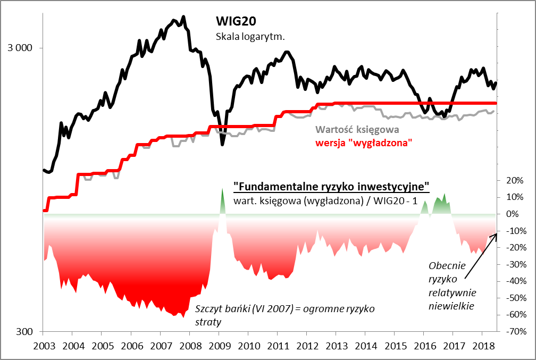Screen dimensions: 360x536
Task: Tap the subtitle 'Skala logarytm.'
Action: tap(250, 37)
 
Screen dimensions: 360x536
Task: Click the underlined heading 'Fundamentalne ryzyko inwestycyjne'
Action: tap(331, 187)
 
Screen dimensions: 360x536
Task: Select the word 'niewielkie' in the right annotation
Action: tap(452, 306)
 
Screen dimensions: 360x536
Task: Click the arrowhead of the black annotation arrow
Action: tap(496, 234)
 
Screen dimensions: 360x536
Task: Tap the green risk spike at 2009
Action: tap(222, 199)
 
